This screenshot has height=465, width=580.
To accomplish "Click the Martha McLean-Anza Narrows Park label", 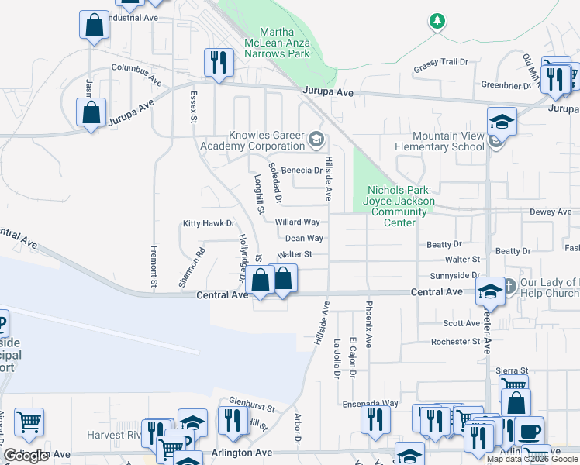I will click(x=277, y=42).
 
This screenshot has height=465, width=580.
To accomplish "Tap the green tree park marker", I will click(x=438, y=21).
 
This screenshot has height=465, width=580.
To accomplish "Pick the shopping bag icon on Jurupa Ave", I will click(x=91, y=112).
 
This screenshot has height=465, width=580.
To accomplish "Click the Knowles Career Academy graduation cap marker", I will click(x=316, y=140).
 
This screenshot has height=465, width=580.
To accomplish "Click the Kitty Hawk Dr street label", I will click(x=208, y=223).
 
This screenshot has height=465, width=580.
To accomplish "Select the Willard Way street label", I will click(x=298, y=222).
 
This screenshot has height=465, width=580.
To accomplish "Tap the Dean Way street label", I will click(x=304, y=239).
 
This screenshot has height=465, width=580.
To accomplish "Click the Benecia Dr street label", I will click(x=302, y=170).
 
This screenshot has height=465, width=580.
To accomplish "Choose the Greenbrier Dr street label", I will click(x=505, y=85).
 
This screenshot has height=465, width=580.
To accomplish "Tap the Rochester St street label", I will click(x=455, y=341).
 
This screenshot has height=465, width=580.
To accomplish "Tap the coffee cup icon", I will click(x=530, y=432).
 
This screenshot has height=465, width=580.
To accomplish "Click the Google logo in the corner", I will click(x=26, y=456).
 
